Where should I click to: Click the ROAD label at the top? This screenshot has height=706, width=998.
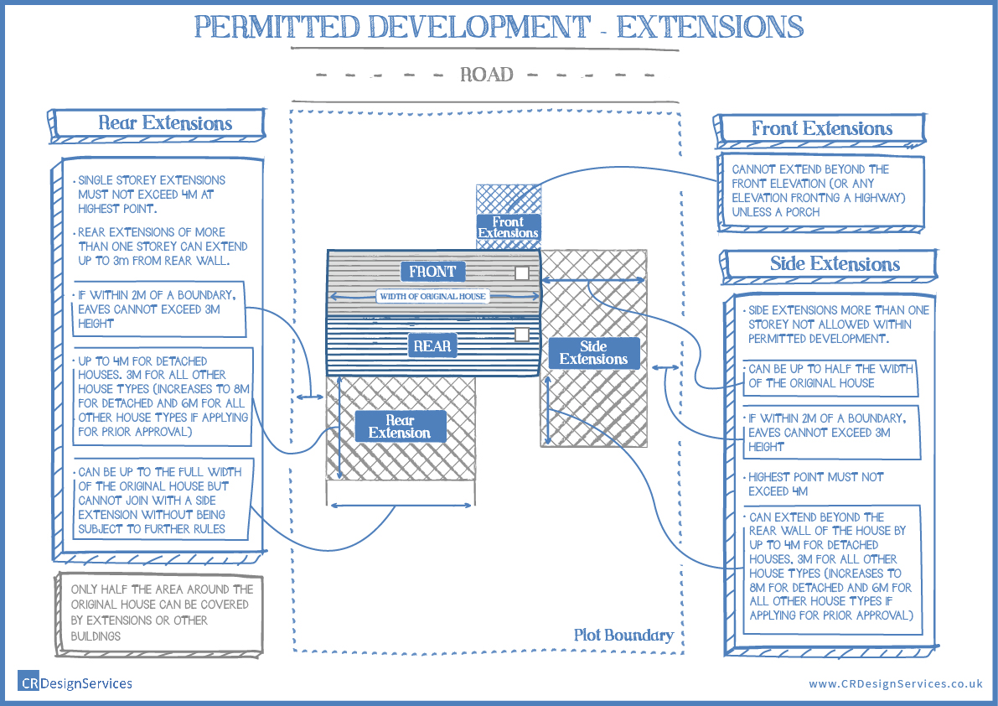[486, 75]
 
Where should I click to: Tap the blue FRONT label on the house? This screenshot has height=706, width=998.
[432, 271]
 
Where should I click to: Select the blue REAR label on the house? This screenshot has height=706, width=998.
[432, 345]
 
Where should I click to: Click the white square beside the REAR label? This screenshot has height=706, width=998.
[522, 335]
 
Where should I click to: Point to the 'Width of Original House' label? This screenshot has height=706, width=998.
[432, 296]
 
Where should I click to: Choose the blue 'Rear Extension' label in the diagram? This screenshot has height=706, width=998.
[400, 427]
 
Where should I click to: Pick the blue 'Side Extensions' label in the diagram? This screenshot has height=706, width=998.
[593, 353]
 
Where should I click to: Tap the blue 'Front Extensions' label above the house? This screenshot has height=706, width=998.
[508, 227]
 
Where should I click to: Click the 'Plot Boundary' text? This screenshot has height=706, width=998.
[623, 635]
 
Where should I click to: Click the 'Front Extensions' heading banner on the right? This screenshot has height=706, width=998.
[821, 129]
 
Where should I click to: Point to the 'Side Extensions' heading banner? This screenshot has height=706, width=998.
[834, 264]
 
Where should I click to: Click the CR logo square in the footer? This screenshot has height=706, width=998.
[28, 683]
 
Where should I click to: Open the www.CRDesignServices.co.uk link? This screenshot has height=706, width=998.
[895, 684]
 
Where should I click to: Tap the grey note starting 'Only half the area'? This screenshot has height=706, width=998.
[160, 613]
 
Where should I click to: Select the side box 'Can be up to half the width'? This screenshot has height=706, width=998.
[830, 376]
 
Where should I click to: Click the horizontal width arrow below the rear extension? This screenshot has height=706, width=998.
[400, 505]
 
